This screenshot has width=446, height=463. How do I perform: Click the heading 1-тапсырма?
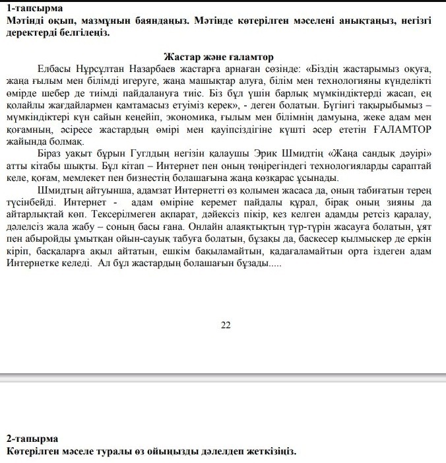pos(34,9)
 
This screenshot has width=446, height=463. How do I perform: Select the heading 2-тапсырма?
pos(33,439)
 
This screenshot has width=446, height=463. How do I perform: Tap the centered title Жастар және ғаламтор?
pos(218,58)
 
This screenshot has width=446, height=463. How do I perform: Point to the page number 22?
pos(226,325)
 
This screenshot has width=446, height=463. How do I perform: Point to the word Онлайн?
pos(172,227)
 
